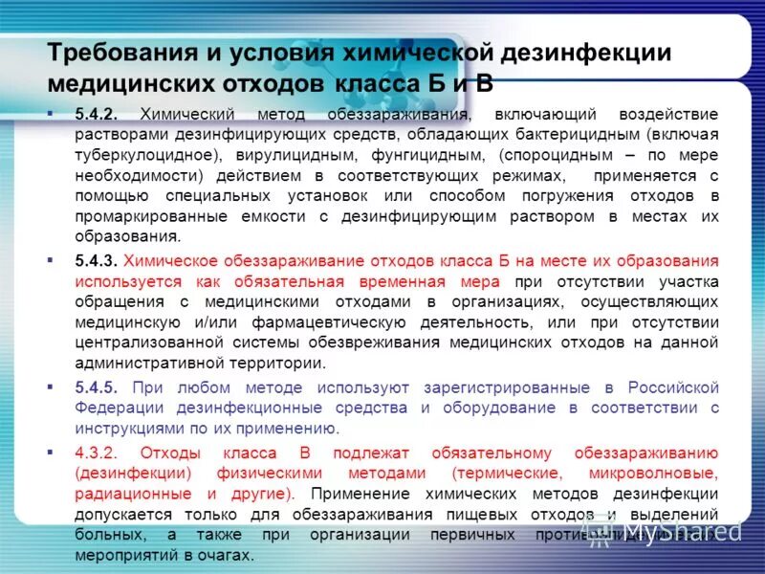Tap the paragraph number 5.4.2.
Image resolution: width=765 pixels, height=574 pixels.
[x=97, y=114]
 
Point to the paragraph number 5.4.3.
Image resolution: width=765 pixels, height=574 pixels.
[x=97, y=260]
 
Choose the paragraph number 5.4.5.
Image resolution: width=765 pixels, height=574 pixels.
[x=97, y=387]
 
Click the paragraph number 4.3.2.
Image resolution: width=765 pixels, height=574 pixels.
[x=97, y=453]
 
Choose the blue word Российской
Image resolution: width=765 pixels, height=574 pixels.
[x=673, y=387]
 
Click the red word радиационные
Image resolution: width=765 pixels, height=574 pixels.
[x=121, y=494]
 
